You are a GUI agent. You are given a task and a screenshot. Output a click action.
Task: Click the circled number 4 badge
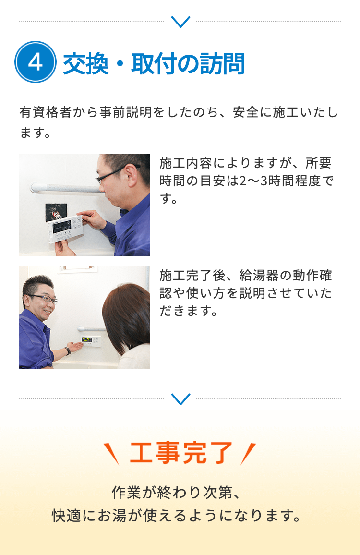point(36,62)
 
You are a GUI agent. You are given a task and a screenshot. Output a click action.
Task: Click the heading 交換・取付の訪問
point(154,63)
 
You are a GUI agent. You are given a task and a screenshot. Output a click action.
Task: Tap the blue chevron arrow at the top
point(180,22)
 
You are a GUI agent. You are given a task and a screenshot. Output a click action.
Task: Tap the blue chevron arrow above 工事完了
point(180,398)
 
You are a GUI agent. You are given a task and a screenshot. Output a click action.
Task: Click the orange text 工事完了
point(181,453)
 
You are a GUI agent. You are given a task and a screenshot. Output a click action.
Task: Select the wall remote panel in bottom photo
point(90,340)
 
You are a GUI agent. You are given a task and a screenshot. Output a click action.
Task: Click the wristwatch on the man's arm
point(68,350)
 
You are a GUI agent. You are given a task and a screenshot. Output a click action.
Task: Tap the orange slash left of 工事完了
point(112,454)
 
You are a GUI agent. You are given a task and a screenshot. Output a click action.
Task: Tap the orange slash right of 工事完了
point(248,454)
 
